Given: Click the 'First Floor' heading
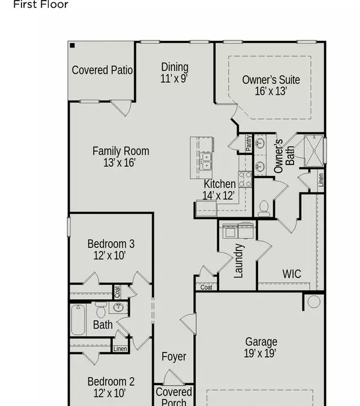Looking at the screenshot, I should tap(41, 5).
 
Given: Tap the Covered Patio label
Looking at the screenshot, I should tap(102, 70).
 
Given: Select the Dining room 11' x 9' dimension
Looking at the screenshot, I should tap(174, 79).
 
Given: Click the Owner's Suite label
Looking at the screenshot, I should tap(271, 80).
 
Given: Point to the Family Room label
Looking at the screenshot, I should tap(121, 151).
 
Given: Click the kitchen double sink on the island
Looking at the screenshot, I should tap(206, 162).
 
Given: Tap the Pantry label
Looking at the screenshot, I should tap(248, 143).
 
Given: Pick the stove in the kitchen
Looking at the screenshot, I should tap(245, 178).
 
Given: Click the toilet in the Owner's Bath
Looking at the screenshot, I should tap(263, 208).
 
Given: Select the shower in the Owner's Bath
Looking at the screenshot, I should tap(313, 150).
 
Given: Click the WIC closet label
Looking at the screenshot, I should tap(292, 274).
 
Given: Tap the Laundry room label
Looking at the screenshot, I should tap(239, 261).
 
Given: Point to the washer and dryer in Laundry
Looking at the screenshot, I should tap(238, 230).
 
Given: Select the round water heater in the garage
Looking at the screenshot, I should tap(314, 301).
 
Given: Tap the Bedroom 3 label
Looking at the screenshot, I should tap(110, 244).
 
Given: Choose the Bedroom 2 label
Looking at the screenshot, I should tap(110, 381).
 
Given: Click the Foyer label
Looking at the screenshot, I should tap(174, 356).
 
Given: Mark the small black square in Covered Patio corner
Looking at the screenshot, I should tap(72, 45).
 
